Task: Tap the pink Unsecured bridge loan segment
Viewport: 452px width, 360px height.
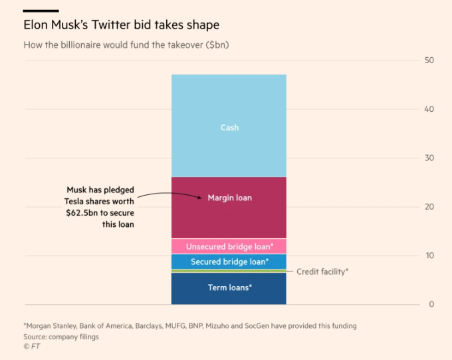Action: pyautogui.click(x=229, y=246)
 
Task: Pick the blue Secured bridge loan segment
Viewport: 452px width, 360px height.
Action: pyautogui.click(x=229, y=262)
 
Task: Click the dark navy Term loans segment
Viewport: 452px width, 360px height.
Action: pyautogui.click(x=229, y=288)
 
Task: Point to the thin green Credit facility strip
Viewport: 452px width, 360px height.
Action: pyautogui.click(x=229, y=271)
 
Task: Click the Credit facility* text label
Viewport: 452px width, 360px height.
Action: pyautogui.click(x=322, y=271)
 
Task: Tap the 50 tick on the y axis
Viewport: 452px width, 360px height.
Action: pyautogui.click(x=429, y=61)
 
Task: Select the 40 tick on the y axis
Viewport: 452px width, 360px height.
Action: pyautogui.click(x=429, y=109)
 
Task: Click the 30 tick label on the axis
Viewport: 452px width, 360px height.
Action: pyautogui.click(x=429, y=158)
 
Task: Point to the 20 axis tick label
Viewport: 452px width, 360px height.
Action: pyautogui.click(x=429, y=207)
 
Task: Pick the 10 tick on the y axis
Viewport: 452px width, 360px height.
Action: pyautogui.click(x=429, y=256)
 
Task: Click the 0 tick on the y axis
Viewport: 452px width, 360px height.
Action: pyautogui.click(x=431, y=305)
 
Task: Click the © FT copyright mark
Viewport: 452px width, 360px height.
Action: pyautogui.click(x=32, y=346)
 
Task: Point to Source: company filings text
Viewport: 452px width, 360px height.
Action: pyautogui.click(x=61, y=336)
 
